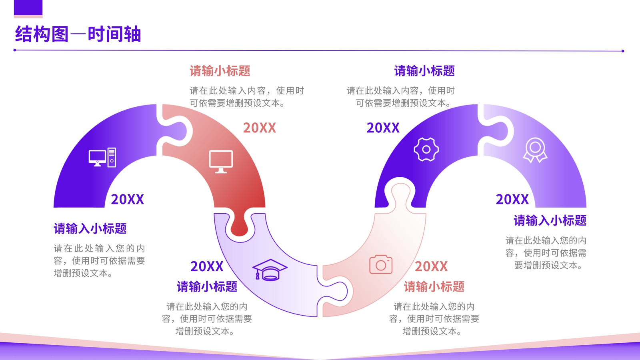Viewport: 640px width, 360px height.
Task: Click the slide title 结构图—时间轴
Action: click(78, 34)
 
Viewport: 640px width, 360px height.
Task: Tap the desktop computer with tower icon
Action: click(102, 157)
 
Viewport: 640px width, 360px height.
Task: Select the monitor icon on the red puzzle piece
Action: click(221, 162)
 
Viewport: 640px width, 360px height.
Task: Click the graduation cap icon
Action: click(270, 270)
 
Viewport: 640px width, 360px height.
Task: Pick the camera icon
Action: click(381, 264)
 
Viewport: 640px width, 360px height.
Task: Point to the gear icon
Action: click(426, 149)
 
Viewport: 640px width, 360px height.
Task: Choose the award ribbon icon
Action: click(535, 150)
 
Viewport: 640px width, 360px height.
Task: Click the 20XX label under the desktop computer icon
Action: click(128, 199)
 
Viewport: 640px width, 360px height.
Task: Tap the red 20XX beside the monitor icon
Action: click(260, 128)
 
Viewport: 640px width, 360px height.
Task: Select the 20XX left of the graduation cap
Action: click(207, 266)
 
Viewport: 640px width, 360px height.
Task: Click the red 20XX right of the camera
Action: click(431, 266)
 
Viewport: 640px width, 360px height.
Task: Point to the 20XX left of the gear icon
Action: click(383, 128)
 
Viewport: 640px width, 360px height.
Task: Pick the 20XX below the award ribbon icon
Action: click(512, 199)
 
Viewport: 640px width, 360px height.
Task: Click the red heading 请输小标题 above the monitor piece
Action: click(220, 70)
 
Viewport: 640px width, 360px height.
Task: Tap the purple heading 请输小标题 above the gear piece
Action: click(424, 70)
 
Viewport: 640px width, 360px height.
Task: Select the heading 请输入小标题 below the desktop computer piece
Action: click(90, 228)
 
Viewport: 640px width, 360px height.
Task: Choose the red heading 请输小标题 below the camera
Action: click(434, 286)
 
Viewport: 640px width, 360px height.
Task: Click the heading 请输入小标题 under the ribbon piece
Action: click(550, 220)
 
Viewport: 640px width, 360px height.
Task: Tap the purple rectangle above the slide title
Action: click(28, 8)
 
